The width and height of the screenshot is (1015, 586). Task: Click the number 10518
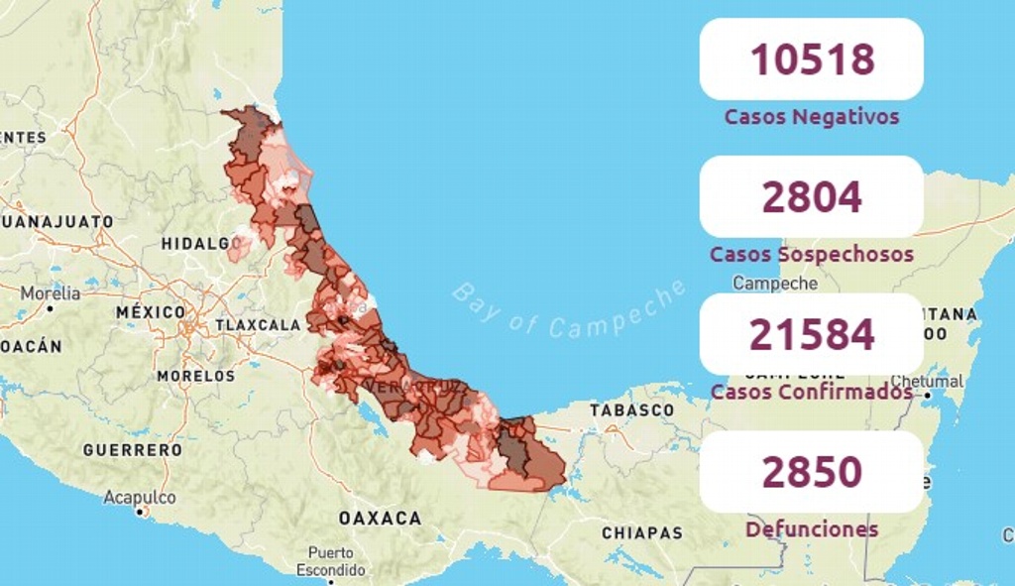(811, 59)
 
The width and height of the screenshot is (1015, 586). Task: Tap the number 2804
(811, 197)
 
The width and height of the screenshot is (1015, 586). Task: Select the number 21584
(811, 335)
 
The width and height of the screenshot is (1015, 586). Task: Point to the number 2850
(811, 472)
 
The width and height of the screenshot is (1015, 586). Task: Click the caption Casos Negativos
(811, 117)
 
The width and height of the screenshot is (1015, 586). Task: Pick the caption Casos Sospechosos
(811, 255)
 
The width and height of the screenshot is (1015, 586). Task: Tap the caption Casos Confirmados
(811, 392)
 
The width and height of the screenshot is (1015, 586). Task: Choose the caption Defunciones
(811, 529)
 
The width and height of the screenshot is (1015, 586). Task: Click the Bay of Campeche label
(569, 308)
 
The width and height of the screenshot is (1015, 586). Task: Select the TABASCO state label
(631, 410)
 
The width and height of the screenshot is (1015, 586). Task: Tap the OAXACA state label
(380, 518)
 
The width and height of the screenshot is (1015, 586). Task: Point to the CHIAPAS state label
(642, 533)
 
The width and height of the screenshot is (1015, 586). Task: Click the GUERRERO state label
(133, 450)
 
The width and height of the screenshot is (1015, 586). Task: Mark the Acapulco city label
(140, 498)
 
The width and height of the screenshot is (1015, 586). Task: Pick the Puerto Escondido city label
(331, 561)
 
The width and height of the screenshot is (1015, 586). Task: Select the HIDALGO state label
(195, 243)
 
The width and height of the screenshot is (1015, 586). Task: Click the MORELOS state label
(196, 376)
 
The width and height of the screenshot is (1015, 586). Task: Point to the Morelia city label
(51, 293)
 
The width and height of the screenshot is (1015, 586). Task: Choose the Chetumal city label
(926, 382)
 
